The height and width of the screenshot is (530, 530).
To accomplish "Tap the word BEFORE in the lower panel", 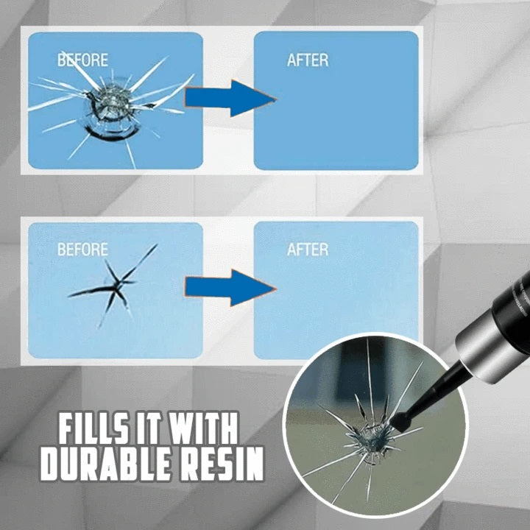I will pyautogui.click(x=82, y=249).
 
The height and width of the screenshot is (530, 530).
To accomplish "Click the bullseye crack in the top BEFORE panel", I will pyautogui.click(x=109, y=105).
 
